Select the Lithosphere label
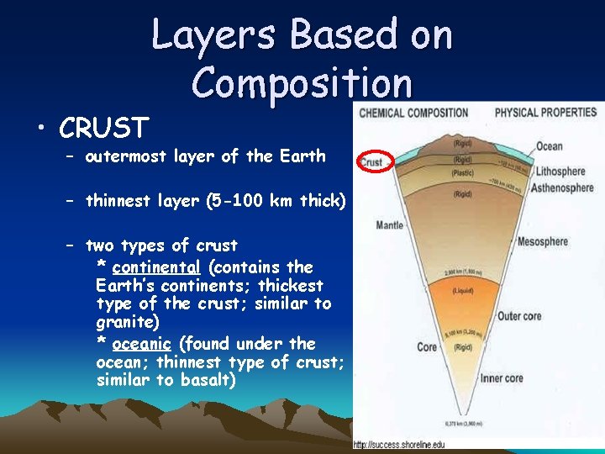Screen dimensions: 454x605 coord(560,171)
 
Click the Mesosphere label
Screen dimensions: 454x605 coord(543,241)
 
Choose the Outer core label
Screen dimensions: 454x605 coord(519,317)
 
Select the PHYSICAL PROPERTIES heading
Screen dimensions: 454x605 coord(545,113)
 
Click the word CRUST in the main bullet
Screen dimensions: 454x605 coord(104,128)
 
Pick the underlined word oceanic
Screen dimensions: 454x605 coord(142,344)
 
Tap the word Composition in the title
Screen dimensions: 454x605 coord(302,83)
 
